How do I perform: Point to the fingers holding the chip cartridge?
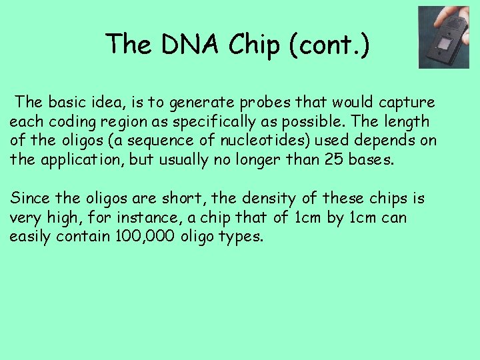[x=459, y=16]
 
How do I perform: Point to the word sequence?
[x=153, y=141]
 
